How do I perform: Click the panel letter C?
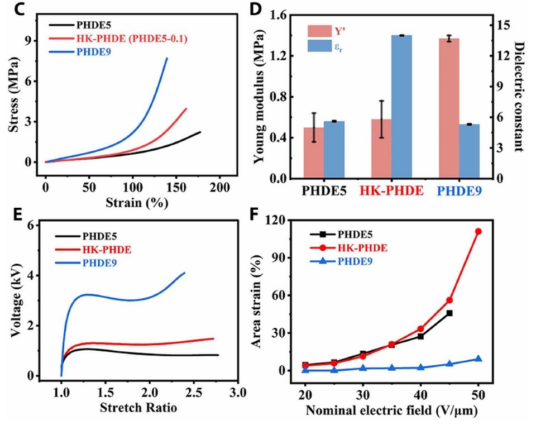[18, 11]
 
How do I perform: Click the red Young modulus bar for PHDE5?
[313, 153]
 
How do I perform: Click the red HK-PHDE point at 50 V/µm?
[478, 231]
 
